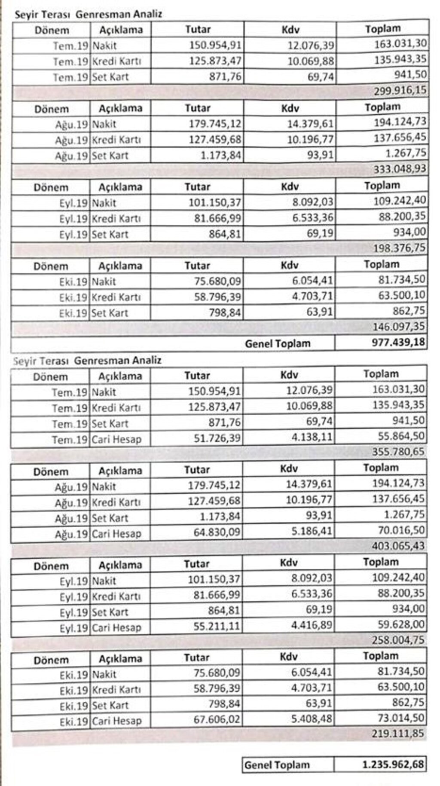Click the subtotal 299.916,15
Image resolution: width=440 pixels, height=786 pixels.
tap(400, 90)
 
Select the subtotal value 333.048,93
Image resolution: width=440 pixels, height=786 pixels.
tap(400, 169)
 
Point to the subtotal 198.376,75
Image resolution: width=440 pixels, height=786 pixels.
tap(400, 248)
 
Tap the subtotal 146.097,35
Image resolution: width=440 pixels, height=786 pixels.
tap(399, 327)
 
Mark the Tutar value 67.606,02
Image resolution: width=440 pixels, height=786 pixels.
tap(216, 719)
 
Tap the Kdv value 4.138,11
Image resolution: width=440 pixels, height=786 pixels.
tap(312, 438)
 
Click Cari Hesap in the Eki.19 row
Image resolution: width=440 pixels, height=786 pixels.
tap(117, 721)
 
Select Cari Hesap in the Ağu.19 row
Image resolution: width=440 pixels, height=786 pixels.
tap(116, 534)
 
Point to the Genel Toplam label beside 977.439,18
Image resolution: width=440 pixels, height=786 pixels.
tap(278, 343)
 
